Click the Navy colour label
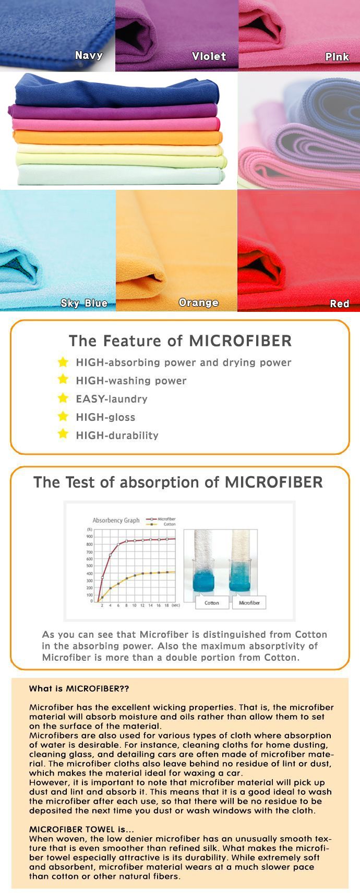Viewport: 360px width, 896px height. click(x=89, y=55)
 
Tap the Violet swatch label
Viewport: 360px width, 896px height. click(x=209, y=56)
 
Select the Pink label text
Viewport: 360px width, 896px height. click(x=337, y=56)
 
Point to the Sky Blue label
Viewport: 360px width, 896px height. click(x=84, y=303)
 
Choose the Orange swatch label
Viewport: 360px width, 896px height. click(x=198, y=302)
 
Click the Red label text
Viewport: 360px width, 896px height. click(x=340, y=304)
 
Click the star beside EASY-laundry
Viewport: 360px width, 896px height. click(x=63, y=398)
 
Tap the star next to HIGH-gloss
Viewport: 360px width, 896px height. click(x=63, y=416)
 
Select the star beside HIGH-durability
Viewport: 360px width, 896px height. click(x=63, y=434)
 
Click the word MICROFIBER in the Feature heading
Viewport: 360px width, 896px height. click(x=240, y=341)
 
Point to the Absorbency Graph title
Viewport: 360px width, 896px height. click(x=116, y=520)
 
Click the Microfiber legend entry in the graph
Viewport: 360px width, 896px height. click(x=161, y=519)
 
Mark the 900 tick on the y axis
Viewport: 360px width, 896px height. click(x=90, y=536)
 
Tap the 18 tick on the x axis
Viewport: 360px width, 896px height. click(x=166, y=606)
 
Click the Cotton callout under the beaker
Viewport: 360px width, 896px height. click(x=212, y=602)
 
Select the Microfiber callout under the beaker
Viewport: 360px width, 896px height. click(x=249, y=602)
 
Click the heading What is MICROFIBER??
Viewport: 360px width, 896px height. click(x=79, y=688)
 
